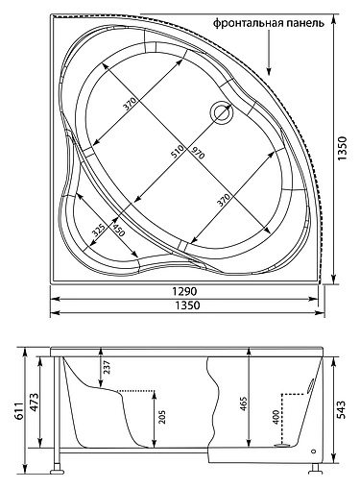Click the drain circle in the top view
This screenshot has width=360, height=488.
(x=223, y=111)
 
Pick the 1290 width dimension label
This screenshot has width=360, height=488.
(x=184, y=289)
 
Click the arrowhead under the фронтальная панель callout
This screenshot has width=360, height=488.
(x=271, y=69)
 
